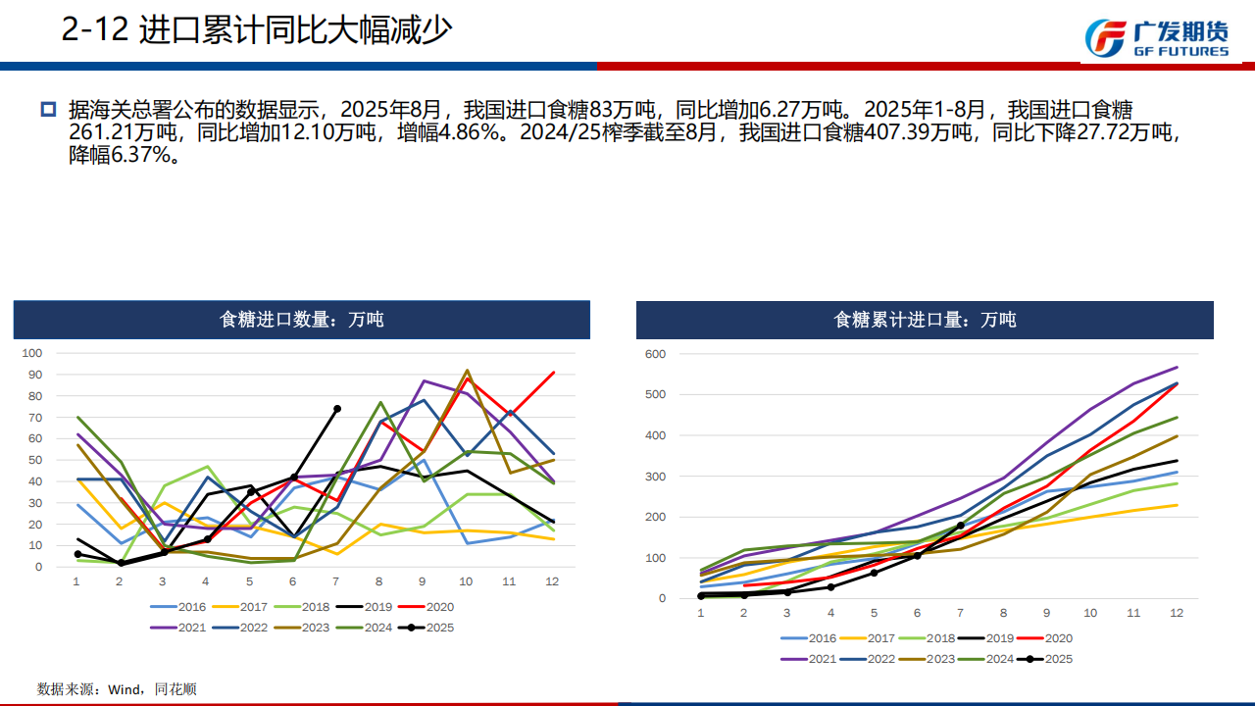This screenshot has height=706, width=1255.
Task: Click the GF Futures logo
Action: click(1157, 37)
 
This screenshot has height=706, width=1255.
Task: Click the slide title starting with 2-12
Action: click(257, 30)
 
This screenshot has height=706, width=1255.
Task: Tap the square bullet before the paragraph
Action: click(48, 108)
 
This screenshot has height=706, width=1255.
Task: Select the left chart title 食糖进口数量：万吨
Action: click(302, 320)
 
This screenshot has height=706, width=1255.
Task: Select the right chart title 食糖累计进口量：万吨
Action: click(925, 320)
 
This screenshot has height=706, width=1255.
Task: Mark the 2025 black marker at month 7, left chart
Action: click(337, 409)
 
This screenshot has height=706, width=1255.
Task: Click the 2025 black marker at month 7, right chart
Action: click(960, 526)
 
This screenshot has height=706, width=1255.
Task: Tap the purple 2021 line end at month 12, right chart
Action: click(1176, 368)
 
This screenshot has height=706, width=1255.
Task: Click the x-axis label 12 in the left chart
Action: click(552, 580)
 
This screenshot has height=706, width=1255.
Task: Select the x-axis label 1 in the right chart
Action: click(701, 613)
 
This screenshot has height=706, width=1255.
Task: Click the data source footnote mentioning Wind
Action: click(117, 689)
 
